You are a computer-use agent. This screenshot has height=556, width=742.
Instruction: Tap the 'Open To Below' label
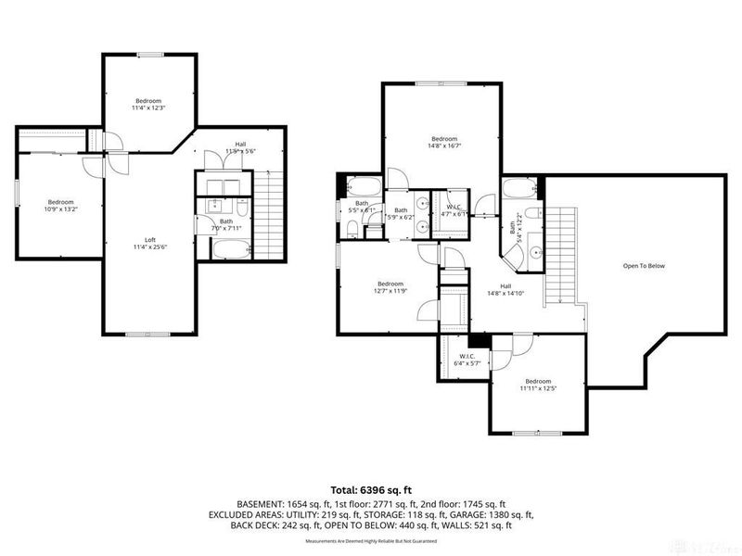click(644, 266)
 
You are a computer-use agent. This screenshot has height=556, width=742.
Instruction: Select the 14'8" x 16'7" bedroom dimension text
click(444, 145)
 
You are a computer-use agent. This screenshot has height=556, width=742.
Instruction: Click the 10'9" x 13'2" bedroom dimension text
click(60, 209)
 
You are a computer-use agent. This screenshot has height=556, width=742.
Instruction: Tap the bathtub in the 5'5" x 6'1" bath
click(361, 183)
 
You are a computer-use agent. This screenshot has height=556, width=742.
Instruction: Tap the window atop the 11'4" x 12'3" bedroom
click(149, 55)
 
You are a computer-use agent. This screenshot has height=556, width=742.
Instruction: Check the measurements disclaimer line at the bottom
click(371, 540)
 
